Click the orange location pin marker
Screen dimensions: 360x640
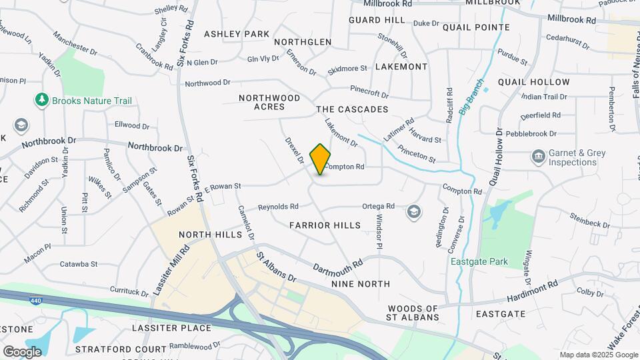point(321,159)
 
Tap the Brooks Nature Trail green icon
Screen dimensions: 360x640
point(42,101)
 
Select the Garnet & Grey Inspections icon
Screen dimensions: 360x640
point(538,157)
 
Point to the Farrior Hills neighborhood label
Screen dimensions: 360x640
point(325,225)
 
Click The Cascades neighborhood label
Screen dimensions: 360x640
point(352,109)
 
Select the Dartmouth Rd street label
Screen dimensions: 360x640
point(339,265)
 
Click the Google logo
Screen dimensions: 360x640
point(22,351)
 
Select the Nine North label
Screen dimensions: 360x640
point(361,284)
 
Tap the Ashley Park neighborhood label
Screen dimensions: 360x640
point(237,34)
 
